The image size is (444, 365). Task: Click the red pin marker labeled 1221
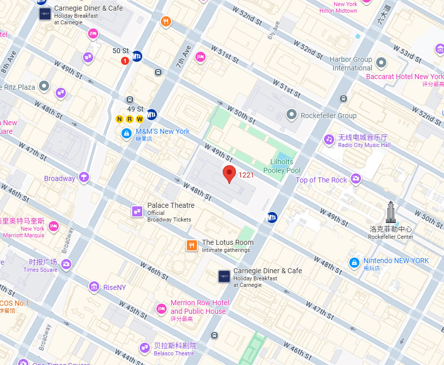pyautogui.click(x=229, y=174)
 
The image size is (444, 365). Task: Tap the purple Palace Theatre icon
pyautogui.click(x=137, y=211)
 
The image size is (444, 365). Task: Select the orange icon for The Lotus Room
pyautogui.click(x=191, y=246)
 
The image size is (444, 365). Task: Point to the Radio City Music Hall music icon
pyautogui.click(x=329, y=139)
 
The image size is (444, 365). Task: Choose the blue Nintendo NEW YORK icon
pyautogui.click(x=354, y=263)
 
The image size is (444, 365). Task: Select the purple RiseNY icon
pyautogui.click(x=94, y=287)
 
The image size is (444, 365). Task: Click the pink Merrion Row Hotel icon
pyautogui.click(x=161, y=308)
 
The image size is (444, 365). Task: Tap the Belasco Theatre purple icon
pyautogui.click(x=144, y=348)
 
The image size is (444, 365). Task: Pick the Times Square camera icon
pyautogui.click(x=66, y=264)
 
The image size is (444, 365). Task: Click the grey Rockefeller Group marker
pyautogui.click(x=291, y=115)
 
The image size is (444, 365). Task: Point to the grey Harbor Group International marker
pyautogui.click(x=381, y=63)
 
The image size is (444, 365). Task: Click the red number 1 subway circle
pyautogui.click(x=125, y=61)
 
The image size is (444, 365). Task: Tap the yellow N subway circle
pyautogui.click(x=120, y=119)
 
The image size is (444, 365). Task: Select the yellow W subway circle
pyautogui.click(x=139, y=119)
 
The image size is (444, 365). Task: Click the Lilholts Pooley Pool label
pyautogui.click(x=281, y=166)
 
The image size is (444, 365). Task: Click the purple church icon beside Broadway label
pyautogui.click(x=84, y=177)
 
